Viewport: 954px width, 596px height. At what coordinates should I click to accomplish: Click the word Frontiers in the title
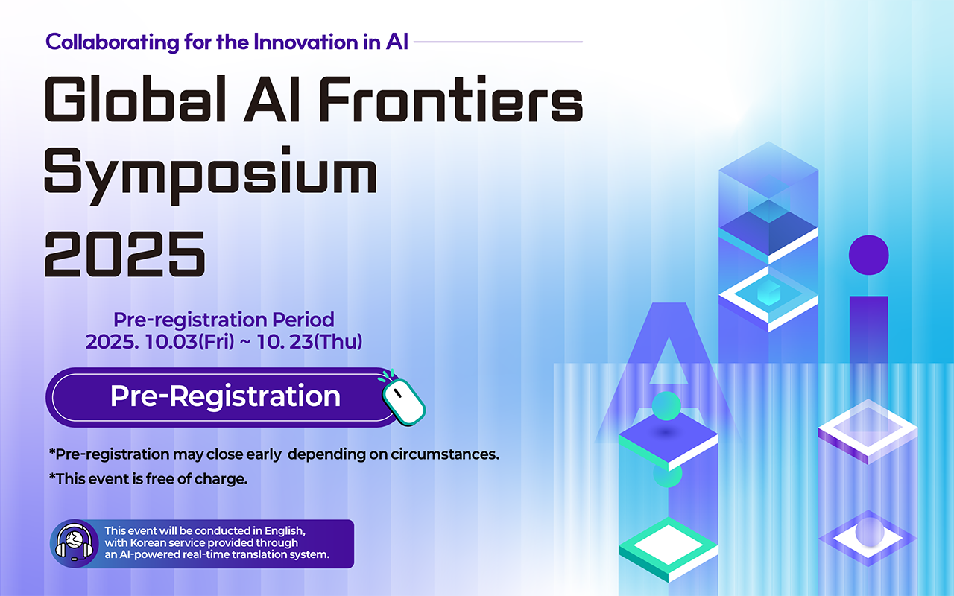pyautogui.click(x=451, y=99)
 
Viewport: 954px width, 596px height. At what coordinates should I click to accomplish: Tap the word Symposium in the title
pyautogui.click(x=211, y=175)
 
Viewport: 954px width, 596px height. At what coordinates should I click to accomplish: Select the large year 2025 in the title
pyautogui.click(x=124, y=255)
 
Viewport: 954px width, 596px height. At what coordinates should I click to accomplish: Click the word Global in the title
pyautogui.click(x=135, y=99)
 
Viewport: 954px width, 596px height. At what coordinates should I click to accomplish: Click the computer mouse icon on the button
pyautogui.click(x=402, y=398)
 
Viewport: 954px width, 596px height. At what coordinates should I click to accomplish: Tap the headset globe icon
pyautogui.click(x=75, y=543)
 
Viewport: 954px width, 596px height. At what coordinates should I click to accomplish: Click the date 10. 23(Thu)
pyautogui.click(x=309, y=342)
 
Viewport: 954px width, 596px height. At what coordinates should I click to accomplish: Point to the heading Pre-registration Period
pyautogui.click(x=224, y=320)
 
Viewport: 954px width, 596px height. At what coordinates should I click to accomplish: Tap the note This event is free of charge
pyautogui.click(x=148, y=479)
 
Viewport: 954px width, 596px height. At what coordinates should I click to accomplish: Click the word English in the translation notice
pyautogui.click(x=285, y=531)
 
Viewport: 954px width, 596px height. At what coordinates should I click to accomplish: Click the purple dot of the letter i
pyautogui.click(x=869, y=255)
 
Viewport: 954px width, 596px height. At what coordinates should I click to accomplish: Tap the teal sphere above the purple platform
pyautogui.click(x=666, y=406)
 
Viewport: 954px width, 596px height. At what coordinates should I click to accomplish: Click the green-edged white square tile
pyautogui.click(x=669, y=549)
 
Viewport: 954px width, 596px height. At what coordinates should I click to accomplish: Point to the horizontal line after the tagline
pyautogui.click(x=499, y=42)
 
